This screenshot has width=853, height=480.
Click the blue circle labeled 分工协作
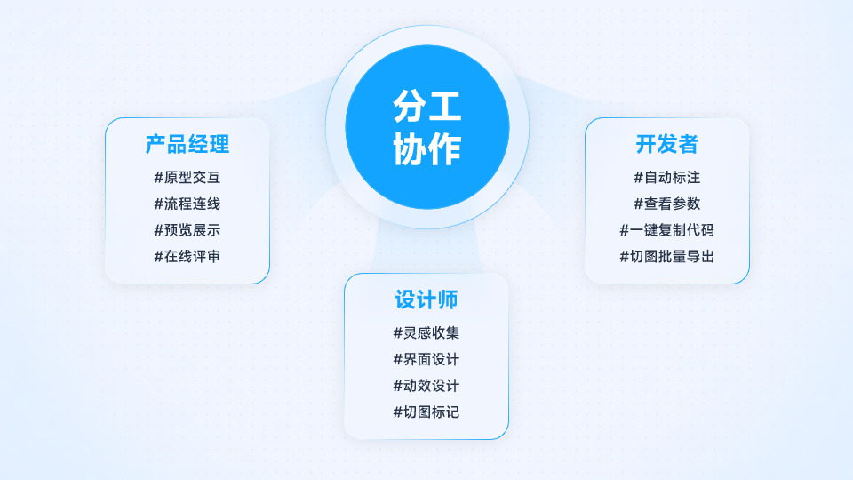click(427, 127)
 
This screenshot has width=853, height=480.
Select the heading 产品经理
click(187, 144)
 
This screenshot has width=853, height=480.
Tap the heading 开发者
click(667, 144)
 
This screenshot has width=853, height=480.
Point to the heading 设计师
click(426, 300)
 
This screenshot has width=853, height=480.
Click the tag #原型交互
click(187, 178)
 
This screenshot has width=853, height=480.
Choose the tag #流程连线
click(187, 204)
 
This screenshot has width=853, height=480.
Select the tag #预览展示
click(187, 230)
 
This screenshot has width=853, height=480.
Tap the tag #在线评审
click(187, 256)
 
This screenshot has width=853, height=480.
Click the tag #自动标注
click(667, 178)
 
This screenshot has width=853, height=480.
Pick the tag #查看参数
click(667, 204)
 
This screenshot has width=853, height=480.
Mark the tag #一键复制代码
click(667, 230)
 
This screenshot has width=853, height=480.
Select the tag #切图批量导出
click(667, 256)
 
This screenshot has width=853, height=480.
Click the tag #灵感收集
click(426, 333)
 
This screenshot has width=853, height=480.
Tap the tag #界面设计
click(426, 359)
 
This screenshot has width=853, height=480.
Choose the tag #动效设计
click(426, 386)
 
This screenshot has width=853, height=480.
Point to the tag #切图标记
click(426, 412)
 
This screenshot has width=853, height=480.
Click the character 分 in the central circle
click(410, 106)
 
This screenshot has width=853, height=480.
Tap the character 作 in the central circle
click(445, 148)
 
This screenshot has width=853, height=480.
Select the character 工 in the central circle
click(445, 106)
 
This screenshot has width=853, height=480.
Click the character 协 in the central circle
click(410, 148)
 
